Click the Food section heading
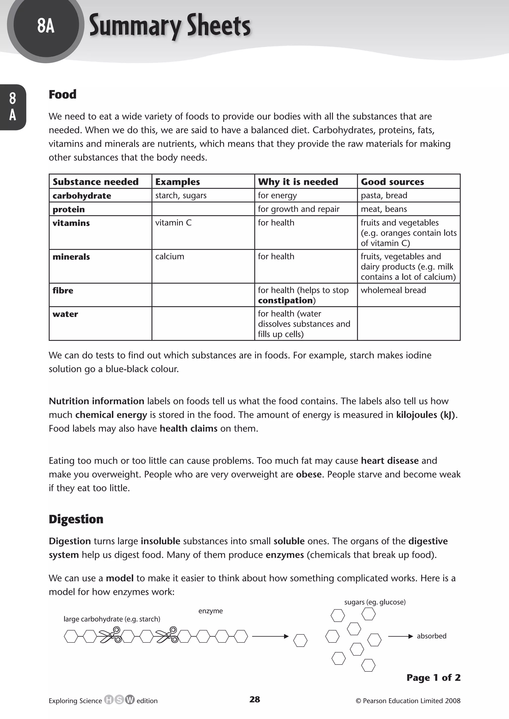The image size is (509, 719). point(62,94)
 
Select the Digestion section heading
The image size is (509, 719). point(76,519)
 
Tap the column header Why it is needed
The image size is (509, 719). point(298,182)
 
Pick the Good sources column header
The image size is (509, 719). point(392,182)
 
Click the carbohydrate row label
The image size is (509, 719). point(82,196)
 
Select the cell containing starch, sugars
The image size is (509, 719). point(181,196)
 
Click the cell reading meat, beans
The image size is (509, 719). point(384,209)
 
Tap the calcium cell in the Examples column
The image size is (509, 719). point(170,256)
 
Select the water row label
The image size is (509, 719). point(65,314)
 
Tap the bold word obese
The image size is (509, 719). point(309,474)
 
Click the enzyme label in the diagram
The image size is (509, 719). point(210,611)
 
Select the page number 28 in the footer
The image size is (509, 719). point(254,699)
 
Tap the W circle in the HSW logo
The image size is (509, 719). point(130,700)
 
